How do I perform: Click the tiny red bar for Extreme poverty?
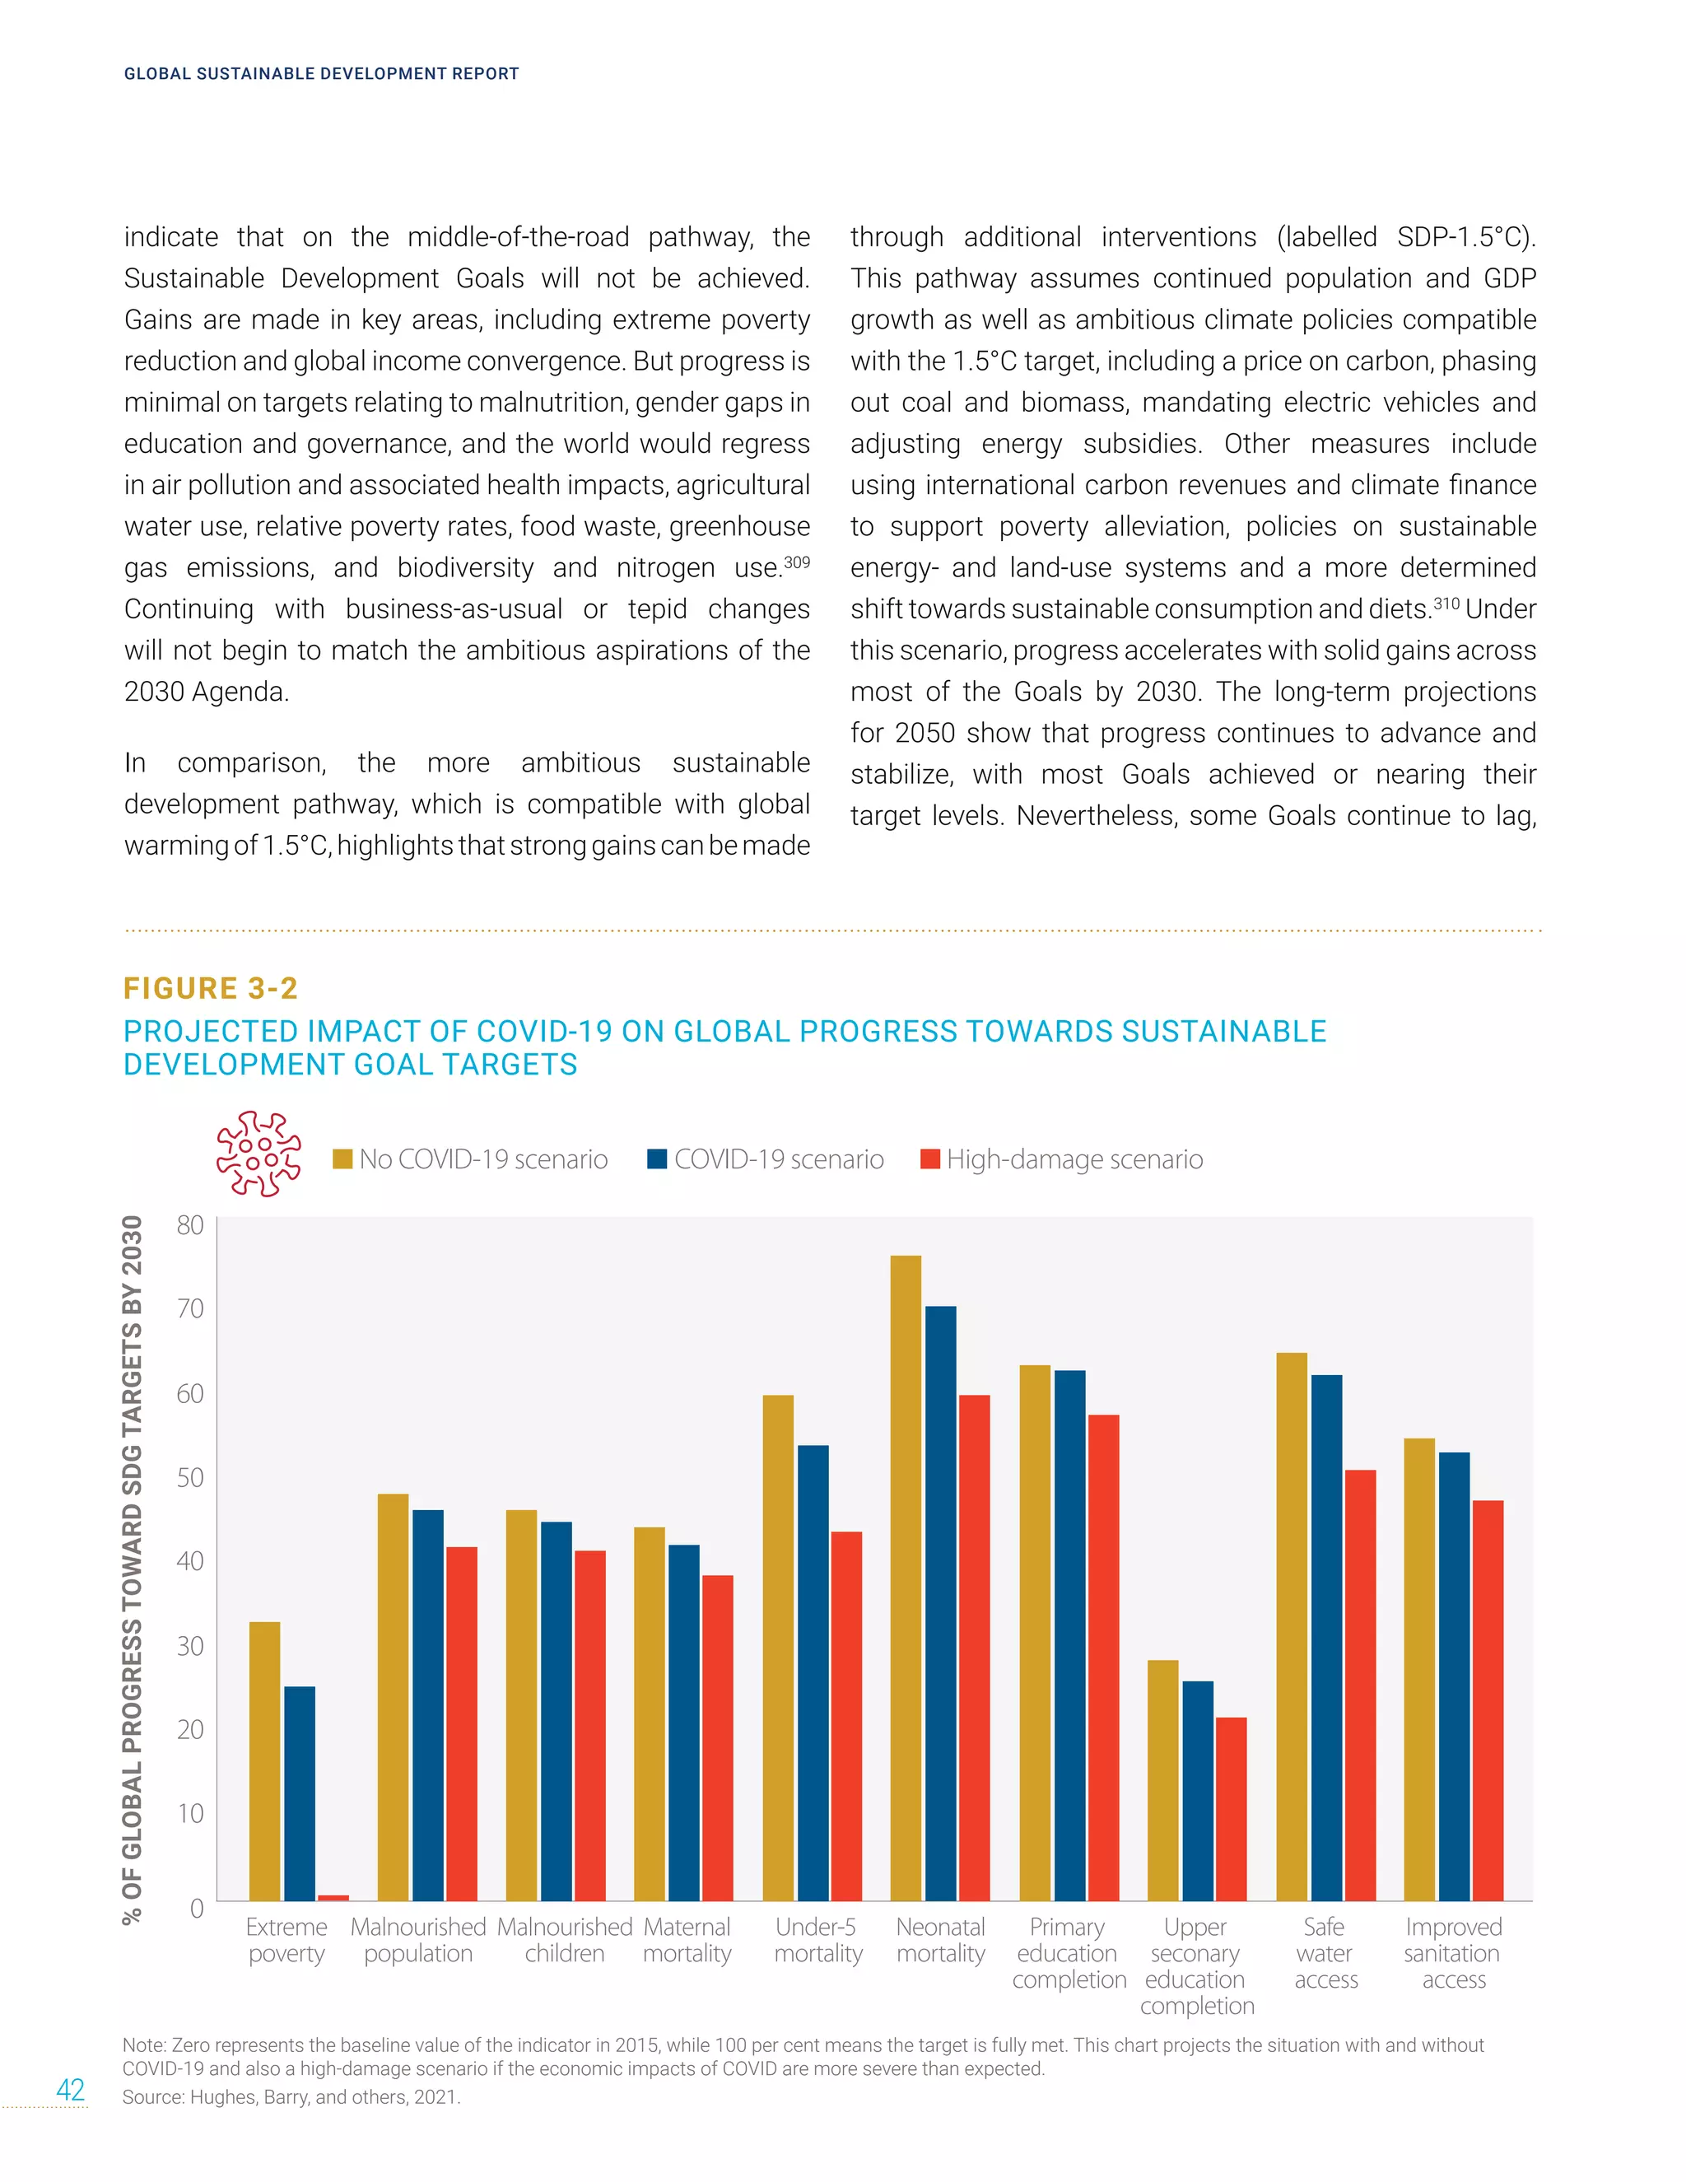(x=333, y=1897)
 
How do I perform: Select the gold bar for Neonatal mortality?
(x=906, y=1578)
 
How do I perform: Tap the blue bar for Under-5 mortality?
(x=813, y=1673)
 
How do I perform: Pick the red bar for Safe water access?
(x=1360, y=1685)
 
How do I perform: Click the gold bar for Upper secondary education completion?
(x=1162, y=1780)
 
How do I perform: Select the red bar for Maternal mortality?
(x=717, y=1738)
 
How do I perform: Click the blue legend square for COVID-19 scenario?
(x=657, y=1159)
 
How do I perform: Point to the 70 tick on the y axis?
(x=190, y=1309)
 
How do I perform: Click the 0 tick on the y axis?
(x=197, y=1909)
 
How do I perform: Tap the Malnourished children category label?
(x=564, y=1940)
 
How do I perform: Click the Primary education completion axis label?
(x=1068, y=1953)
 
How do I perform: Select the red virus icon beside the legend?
(x=258, y=1154)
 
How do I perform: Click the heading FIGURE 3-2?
(x=211, y=988)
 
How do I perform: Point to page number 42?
(x=71, y=2089)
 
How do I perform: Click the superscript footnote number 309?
(x=796, y=562)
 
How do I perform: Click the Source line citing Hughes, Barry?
(x=291, y=2097)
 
